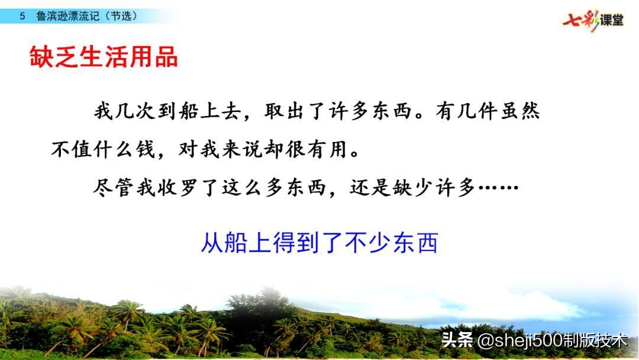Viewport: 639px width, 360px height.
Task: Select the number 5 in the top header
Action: point(22,17)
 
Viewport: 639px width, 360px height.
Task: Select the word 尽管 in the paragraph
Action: point(115,189)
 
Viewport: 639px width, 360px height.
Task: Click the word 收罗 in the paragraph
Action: point(179,189)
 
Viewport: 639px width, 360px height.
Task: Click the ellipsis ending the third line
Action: point(498,189)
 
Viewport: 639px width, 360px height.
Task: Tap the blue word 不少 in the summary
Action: point(367,243)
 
